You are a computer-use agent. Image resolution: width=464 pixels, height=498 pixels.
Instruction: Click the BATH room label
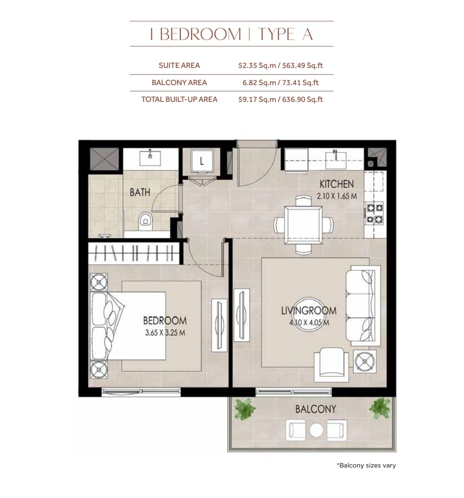[140, 192]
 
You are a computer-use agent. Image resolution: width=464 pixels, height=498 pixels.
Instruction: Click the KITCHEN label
[336, 184]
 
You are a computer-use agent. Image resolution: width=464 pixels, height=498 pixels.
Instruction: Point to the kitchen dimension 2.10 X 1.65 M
[337, 196]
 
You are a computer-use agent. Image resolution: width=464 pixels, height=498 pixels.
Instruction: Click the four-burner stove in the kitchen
[375, 214]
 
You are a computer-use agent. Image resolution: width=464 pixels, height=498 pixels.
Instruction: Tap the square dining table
[303, 225]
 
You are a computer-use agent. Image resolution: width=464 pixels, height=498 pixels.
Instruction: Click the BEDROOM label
[165, 321]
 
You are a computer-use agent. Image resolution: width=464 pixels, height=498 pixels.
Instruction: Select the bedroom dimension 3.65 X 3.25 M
[165, 333]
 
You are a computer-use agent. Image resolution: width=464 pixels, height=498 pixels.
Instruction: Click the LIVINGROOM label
[309, 310]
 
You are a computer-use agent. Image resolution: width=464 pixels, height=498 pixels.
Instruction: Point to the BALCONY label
[315, 409]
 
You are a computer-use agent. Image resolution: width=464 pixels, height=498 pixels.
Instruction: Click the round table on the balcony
[316, 431]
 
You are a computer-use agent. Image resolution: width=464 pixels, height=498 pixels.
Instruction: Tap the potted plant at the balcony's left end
[244, 409]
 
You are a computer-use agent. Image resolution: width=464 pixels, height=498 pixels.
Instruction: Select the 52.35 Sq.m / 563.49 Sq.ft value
[281, 65]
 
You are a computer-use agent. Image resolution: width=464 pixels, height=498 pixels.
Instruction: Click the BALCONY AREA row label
[179, 82]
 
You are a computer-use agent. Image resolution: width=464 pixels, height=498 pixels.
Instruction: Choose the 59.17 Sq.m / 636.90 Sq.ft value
[281, 99]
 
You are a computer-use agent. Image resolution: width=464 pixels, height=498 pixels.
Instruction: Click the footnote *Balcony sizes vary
[366, 465]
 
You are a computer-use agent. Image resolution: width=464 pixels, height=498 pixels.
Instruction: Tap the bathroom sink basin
[150, 158]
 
